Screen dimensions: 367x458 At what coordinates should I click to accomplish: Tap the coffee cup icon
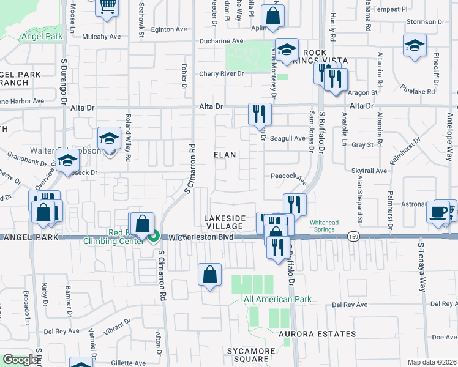pyautogui.click(x=437, y=212)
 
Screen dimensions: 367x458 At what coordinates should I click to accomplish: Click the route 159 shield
pyautogui.click(x=353, y=235)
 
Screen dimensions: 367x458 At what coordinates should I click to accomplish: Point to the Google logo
pyautogui.click(x=20, y=360)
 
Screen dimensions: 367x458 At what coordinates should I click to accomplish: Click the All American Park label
pyautogui.click(x=277, y=299)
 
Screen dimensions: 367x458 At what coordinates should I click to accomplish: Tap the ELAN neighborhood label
pyautogui.click(x=225, y=155)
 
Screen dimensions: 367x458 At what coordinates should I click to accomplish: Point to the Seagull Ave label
pyautogui.click(x=288, y=138)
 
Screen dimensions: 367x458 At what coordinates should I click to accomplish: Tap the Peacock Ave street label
pyautogui.click(x=288, y=177)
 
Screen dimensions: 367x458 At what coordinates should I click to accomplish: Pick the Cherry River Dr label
pyautogui.click(x=221, y=74)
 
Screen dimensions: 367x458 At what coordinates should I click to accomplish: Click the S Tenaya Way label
pyautogui.click(x=421, y=267)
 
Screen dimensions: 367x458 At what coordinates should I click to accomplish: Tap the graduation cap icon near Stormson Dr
pyautogui.click(x=415, y=46)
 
